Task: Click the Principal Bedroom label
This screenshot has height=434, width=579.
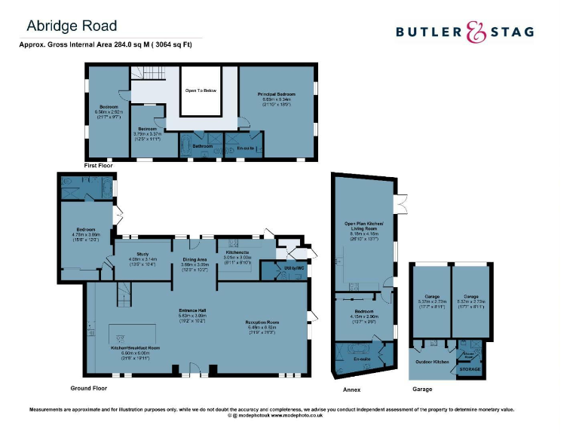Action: click(277, 94)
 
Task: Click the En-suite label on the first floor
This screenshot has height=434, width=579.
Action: click(246, 148)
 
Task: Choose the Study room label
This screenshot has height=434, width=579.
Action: click(142, 255)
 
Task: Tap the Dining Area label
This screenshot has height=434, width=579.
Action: click(195, 259)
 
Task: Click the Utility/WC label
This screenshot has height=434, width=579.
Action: click(293, 268)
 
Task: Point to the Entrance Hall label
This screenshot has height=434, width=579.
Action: click(192, 310)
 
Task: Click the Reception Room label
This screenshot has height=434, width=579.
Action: click(263, 322)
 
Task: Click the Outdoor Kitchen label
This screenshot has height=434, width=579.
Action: click(432, 362)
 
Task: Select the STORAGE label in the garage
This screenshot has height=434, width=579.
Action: click(470, 370)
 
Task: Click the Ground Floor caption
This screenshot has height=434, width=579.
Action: click(88, 389)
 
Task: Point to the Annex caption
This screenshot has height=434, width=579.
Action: click(351, 390)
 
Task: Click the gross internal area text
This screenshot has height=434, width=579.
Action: click(106, 44)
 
